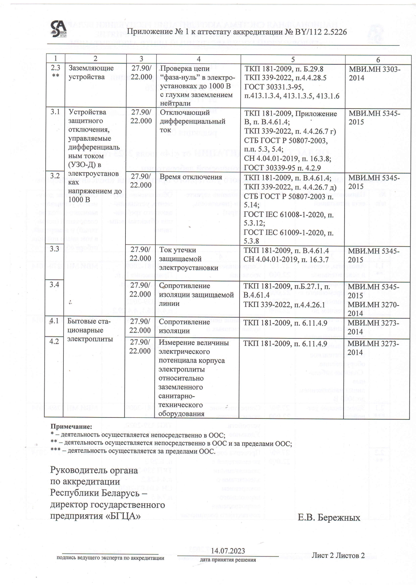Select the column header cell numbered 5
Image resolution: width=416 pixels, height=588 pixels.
point(293,59)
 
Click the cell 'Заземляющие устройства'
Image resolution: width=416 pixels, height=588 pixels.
point(91,72)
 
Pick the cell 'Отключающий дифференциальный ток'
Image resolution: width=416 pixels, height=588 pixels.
point(192,121)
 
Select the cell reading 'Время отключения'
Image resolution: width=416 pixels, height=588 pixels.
point(191,177)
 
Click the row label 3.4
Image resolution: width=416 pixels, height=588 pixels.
point(55,285)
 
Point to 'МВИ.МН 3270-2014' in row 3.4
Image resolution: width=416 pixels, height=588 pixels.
point(373,309)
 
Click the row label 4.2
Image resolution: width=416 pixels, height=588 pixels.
point(54,342)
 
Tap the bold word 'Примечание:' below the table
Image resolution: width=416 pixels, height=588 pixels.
point(71,427)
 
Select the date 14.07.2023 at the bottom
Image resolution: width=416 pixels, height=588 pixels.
point(228,551)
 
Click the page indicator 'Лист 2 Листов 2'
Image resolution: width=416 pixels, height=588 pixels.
point(338,555)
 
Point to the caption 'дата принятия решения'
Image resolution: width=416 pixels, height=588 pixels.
point(228,560)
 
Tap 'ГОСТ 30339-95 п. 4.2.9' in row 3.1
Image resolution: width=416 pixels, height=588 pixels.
point(282,168)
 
